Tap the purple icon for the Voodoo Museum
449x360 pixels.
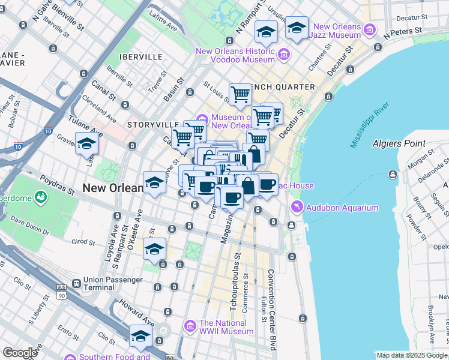[284, 55]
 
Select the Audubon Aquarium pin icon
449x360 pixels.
[297, 208]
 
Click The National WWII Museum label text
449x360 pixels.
[226, 327]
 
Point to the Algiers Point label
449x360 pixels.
[399, 144]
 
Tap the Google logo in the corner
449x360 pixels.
[20, 353]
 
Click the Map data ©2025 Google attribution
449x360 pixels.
[411, 355]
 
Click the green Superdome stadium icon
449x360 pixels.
[41, 196]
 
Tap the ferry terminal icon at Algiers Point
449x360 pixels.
[392, 174]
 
